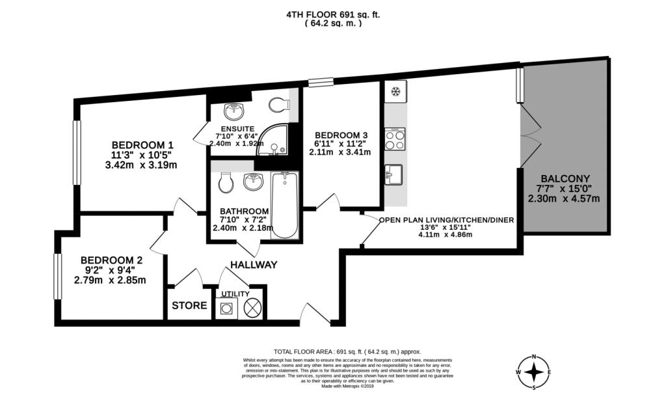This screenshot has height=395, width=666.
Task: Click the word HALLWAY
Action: pyautogui.click(x=254, y=265)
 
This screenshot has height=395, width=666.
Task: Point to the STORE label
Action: pyautogui.click(x=189, y=305)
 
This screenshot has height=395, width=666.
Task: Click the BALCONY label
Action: pyautogui.click(x=565, y=178)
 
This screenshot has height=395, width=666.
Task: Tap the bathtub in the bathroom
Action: pyautogui.click(x=284, y=204)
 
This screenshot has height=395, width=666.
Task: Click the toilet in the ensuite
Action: pyautogui.click(x=279, y=105)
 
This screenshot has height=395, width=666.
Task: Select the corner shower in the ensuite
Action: pyautogui.click(x=274, y=143)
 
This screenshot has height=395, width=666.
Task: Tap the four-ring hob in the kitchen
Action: pyautogui.click(x=395, y=140)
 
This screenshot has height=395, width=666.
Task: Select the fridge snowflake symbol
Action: pyautogui.click(x=394, y=90)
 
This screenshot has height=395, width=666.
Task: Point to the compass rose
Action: pyautogui.click(x=534, y=372)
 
